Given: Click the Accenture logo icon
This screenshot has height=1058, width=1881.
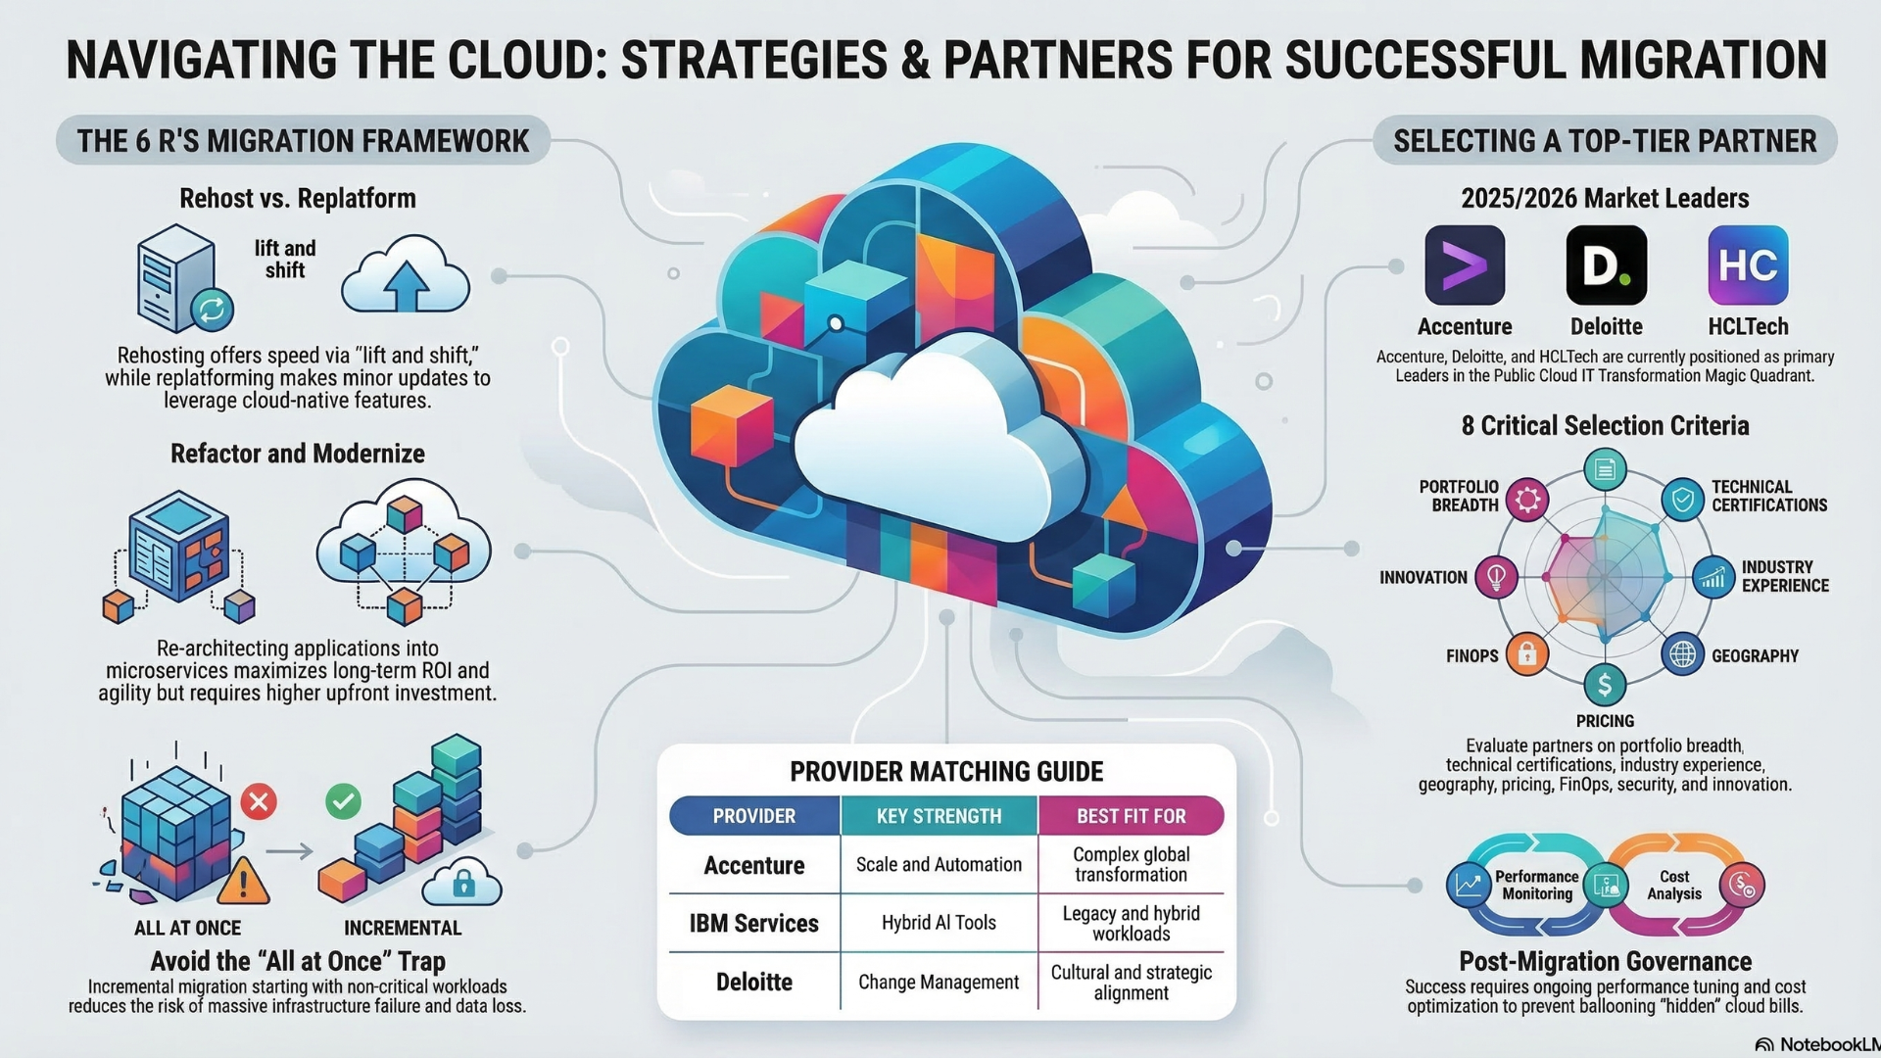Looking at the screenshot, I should [1464, 265].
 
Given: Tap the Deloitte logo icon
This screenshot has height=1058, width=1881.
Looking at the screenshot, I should [1606, 265].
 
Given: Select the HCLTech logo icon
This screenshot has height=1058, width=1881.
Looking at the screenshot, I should [1748, 265].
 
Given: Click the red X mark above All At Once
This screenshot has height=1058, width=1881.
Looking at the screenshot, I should [259, 802].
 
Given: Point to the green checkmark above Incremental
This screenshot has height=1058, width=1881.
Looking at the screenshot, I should [343, 801].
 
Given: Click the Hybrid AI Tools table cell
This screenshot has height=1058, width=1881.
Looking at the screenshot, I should [939, 923].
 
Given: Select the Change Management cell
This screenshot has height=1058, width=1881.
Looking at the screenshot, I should [939, 982].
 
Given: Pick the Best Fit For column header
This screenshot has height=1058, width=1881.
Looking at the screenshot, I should [1131, 816].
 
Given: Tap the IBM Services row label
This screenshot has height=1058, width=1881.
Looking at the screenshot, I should [753, 923].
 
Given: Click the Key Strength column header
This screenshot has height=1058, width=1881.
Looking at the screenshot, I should [939, 816].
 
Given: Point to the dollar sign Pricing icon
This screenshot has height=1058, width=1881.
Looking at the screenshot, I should [1605, 685].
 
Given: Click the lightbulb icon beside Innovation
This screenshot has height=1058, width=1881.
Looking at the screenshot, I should [1496, 576].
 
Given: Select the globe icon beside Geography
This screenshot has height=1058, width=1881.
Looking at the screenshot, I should [1682, 653].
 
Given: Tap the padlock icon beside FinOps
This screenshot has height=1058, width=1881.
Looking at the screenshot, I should [1526, 653].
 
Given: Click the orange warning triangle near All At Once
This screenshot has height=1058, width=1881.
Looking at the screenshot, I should [243, 881].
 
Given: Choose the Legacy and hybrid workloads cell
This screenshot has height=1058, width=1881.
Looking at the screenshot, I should [1131, 923].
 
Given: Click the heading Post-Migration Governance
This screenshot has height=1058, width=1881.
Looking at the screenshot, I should [1605, 961].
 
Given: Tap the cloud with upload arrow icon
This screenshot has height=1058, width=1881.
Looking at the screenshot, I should [406, 276].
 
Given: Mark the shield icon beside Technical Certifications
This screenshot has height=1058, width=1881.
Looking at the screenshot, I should [1682, 500].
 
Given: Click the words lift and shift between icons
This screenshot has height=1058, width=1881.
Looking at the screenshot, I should [285, 260].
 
